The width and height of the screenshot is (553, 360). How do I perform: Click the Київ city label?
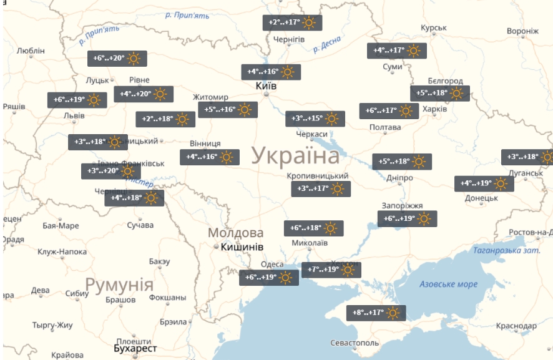coord(267,85)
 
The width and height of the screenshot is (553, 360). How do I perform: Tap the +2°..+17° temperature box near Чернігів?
coord(292,23)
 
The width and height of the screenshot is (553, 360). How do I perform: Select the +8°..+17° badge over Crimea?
coord(376,313)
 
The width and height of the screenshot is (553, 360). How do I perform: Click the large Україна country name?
coord(296,156)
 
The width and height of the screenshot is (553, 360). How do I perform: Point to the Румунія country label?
coord(119,286)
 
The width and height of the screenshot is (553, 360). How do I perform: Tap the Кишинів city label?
coord(242,247)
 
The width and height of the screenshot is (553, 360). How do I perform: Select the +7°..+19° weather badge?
coord(331,270)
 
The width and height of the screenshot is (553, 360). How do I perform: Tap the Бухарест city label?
coord(137,348)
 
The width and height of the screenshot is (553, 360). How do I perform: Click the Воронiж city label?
coord(522,31)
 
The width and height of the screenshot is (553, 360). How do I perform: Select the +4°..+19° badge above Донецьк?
coord(484,183)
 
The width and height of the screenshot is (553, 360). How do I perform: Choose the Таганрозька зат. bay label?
coord(497,250)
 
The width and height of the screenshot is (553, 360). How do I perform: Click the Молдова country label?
coord(235,233)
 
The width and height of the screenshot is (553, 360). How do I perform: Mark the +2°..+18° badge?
coord(165,119)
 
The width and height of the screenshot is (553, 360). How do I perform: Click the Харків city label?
coord(434,109)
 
